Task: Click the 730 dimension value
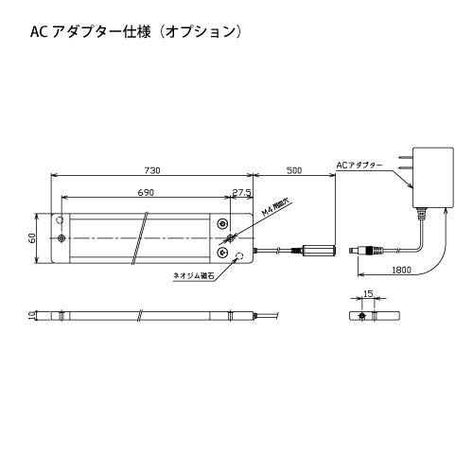click(x=152, y=170)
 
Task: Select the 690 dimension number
click(x=146, y=192)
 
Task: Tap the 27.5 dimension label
click(x=241, y=192)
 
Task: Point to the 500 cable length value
click(x=294, y=170)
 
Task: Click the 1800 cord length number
click(x=402, y=270)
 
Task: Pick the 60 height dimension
click(x=32, y=238)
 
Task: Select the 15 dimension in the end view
click(x=368, y=294)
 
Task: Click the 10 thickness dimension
click(x=31, y=316)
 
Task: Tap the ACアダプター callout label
click(x=359, y=166)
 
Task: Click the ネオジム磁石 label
click(x=194, y=275)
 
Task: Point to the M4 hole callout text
click(x=275, y=208)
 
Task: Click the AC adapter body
click(x=433, y=177)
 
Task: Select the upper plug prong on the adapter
click(x=406, y=157)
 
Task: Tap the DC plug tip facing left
click(x=353, y=251)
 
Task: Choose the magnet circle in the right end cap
click(x=240, y=255)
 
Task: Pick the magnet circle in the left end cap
click(x=60, y=219)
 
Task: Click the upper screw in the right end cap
click(x=223, y=223)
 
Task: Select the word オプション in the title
click(x=201, y=32)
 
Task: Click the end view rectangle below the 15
click(x=375, y=316)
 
